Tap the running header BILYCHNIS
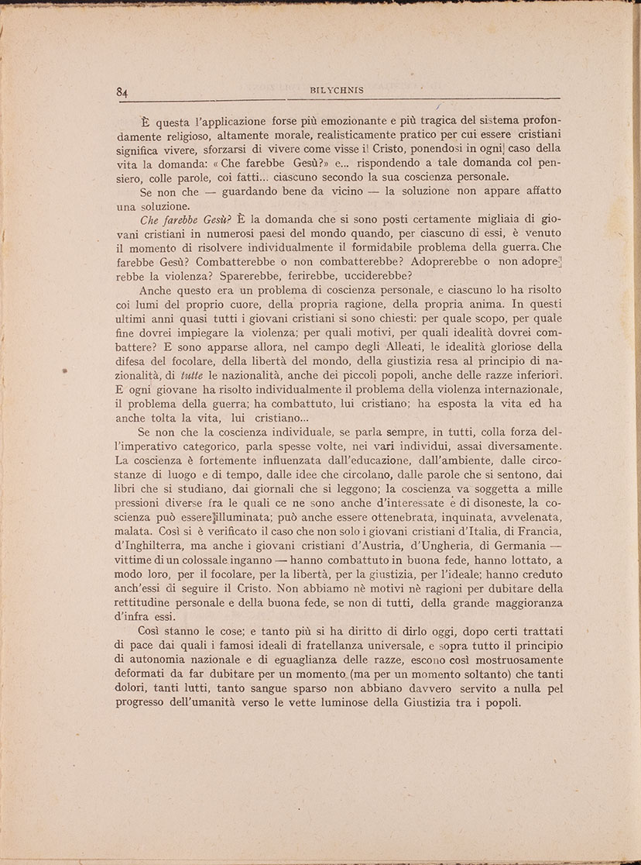coord(337,90)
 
